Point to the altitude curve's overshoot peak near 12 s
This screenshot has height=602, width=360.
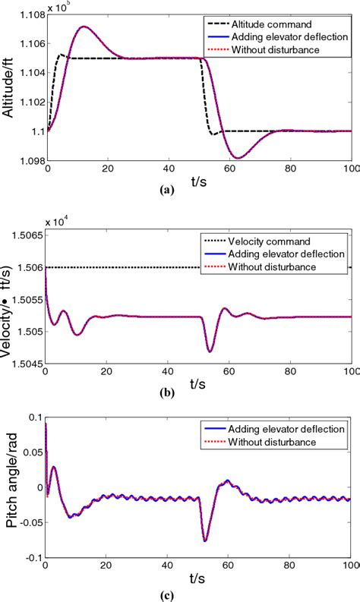point(83,27)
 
